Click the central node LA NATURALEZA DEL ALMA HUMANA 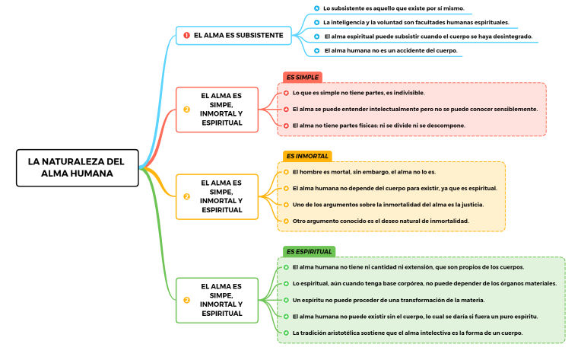[x=78, y=167]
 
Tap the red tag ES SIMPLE [x=302, y=77]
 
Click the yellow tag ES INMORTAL [x=307, y=156]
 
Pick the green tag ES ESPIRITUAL [x=309, y=251]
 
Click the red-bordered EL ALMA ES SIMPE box [x=221, y=109]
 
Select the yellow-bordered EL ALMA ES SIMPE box [x=221, y=196]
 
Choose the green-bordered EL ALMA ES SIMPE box [x=221, y=299]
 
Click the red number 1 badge [x=186, y=36]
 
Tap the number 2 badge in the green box [x=186, y=300]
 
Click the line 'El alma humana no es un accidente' [x=390, y=50]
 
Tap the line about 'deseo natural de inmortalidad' [x=380, y=221]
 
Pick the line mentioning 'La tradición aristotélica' [x=407, y=333]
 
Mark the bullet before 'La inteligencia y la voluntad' [x=316, y=22]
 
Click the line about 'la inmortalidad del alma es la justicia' [x=388, y=205]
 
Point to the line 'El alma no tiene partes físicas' [x=379, y=125]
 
